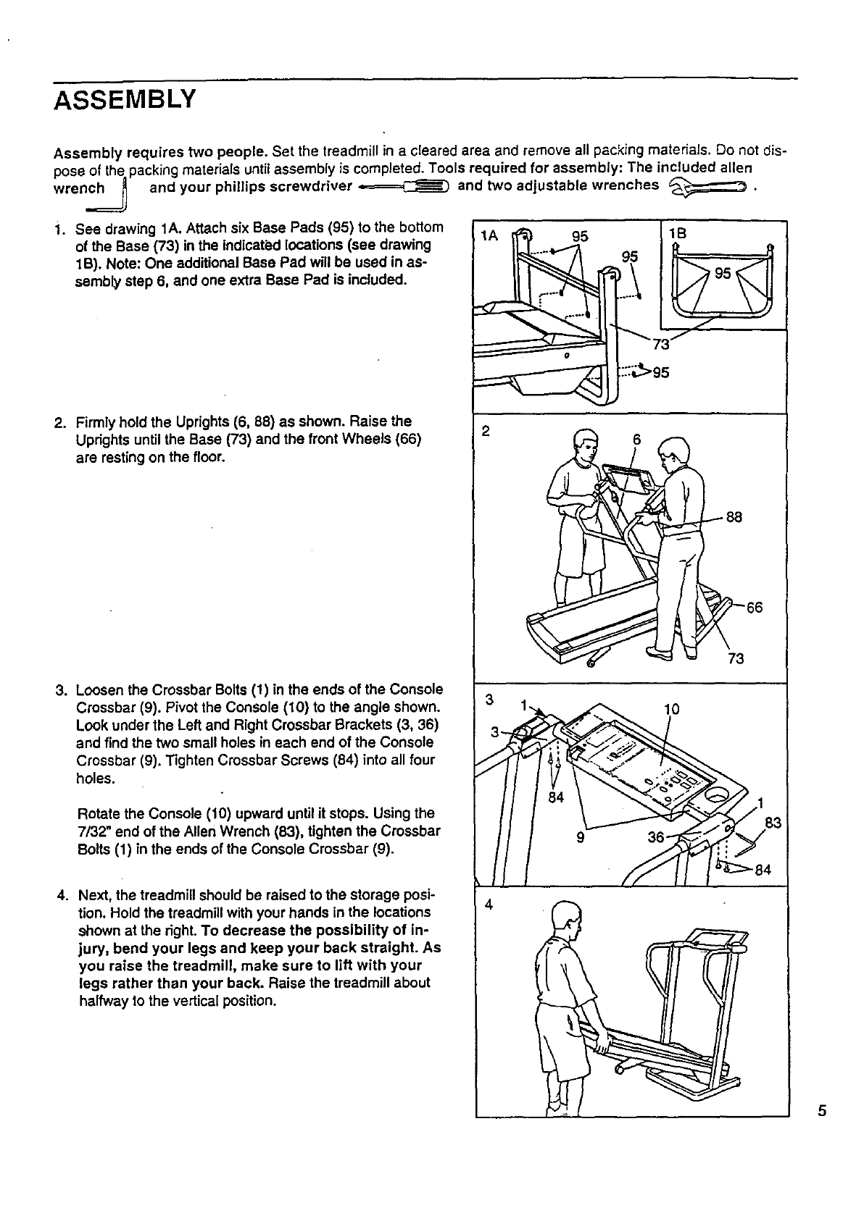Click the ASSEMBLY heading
tap(125, 98)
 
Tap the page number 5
tap(821, 1112)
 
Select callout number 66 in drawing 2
tap(754, 608)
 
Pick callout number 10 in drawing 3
tap(672, 709)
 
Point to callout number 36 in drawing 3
tap(656, 837)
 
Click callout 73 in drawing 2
tap(735, 658)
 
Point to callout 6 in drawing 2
tap(637, 440)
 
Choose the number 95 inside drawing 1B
tap(723, 273)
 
